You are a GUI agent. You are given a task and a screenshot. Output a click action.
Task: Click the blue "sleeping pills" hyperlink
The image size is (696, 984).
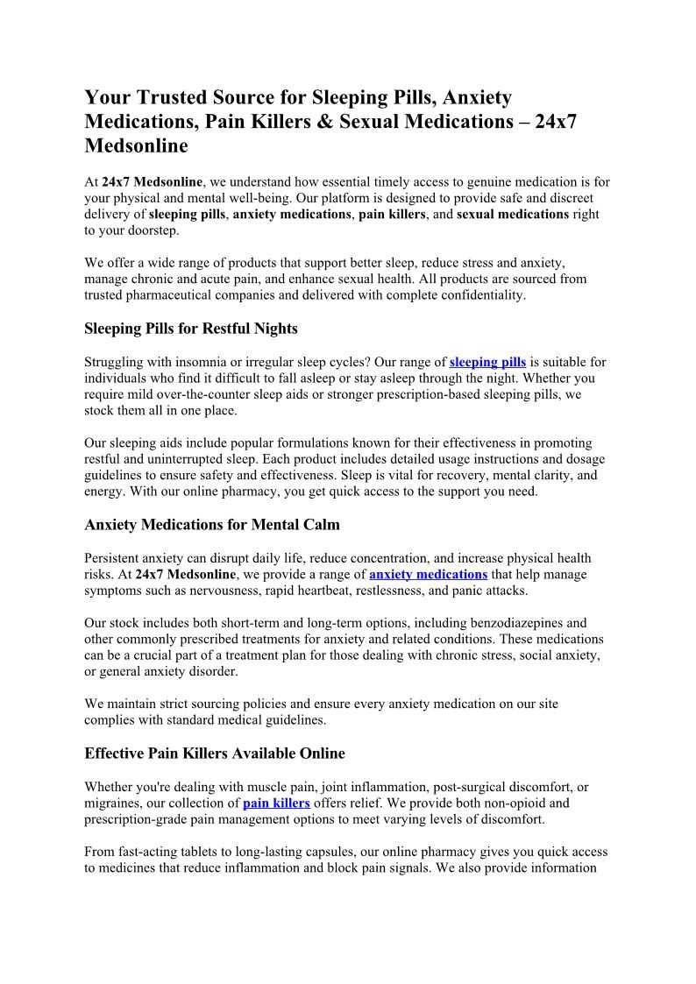tap(487, 362)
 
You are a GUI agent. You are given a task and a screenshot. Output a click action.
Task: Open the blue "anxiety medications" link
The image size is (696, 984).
tap(428, 574)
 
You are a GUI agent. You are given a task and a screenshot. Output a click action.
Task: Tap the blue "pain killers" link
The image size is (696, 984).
tap(276, 803)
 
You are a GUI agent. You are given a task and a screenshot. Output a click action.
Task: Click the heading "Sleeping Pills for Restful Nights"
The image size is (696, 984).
tap(191, 329)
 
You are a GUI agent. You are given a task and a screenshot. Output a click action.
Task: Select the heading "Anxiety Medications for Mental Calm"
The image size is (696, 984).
tap(212, 525)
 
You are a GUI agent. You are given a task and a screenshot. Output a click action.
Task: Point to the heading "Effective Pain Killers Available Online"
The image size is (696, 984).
tap(215, 753)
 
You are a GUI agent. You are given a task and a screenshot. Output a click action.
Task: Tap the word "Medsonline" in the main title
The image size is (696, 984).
tap(136, 146)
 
